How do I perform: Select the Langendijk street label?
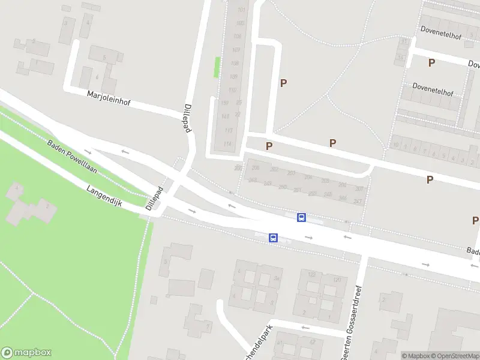104,196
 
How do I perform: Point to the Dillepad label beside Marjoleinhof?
187,117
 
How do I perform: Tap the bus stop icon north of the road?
301,217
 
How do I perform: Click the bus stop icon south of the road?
273,238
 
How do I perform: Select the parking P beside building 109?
283,83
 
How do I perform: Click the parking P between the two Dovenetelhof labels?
431,62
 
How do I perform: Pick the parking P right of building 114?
269,146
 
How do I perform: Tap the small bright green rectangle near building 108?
217,67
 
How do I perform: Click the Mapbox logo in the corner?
26,353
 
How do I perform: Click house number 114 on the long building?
227,144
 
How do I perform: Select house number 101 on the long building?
242,10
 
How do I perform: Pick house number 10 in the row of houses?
395,145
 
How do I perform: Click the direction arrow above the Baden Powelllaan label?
88,151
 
